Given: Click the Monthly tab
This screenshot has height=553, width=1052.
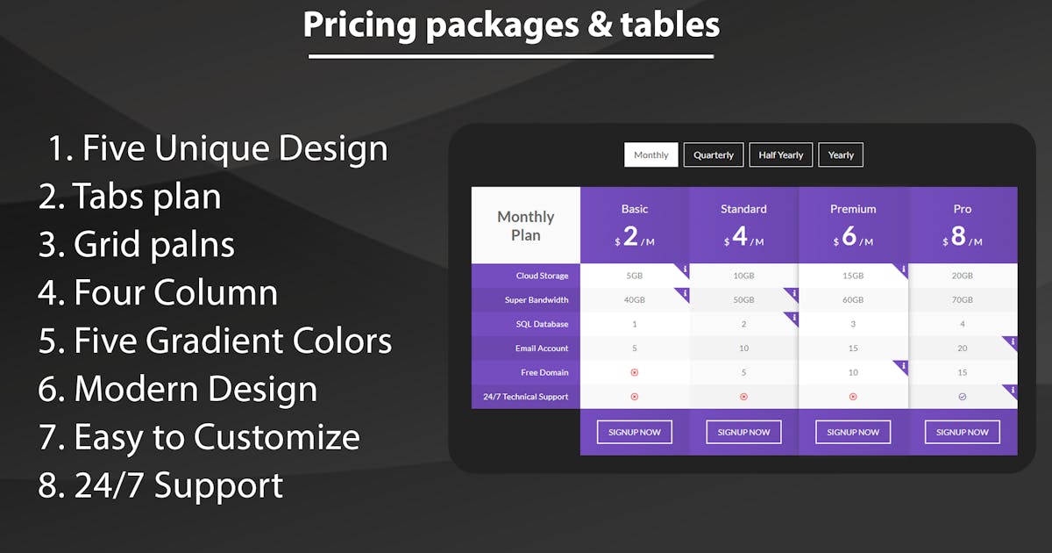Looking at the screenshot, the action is (x=650, y=154).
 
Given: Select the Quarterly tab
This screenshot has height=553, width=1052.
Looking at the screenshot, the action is (x=714, y=154).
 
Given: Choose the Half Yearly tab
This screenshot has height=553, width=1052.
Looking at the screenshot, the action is (x=780, y=154).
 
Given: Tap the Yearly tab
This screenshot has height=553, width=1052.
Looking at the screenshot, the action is (x=841, y=154).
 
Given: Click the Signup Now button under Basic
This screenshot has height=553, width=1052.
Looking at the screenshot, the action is (x=635, y=432).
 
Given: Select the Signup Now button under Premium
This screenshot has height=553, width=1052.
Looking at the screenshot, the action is (x=853, y=432).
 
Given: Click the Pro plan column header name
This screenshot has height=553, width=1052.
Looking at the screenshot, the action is (x=963, y=209).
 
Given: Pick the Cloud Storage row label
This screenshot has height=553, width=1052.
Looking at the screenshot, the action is (x=542, y=276).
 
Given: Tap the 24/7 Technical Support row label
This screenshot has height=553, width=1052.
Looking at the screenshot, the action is (x=525, y=397).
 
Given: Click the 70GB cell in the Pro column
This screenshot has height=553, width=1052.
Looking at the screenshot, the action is (x=963, y=299).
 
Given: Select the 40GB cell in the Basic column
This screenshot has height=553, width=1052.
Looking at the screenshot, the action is (x=635, y=299).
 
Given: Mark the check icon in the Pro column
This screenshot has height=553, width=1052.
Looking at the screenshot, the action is (x=963, y=397).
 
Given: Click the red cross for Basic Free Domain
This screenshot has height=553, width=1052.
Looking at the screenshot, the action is (x=635, y=372).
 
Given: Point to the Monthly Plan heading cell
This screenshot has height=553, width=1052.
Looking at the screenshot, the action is (x=525, y=226).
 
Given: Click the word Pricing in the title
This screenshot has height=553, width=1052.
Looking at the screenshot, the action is (x=359, y=25).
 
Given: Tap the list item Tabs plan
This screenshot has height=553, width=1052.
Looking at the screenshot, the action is (x=130, y=196).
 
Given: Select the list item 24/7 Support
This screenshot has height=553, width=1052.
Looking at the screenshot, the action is (x=160, y=485).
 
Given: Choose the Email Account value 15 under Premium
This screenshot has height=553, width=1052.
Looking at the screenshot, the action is (x=853, y=348).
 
